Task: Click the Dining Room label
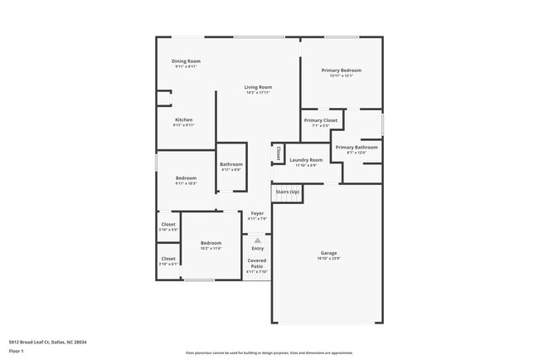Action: coord(186,61)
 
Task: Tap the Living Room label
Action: coord(258,87)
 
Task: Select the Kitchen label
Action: coord(183,119)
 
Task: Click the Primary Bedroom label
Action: coord(342,71)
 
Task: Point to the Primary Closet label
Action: coord(320,120)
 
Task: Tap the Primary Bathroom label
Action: coord(356,147)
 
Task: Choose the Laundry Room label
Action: coord(306,159)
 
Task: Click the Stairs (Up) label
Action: coord(288,192)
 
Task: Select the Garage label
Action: coord(329,252)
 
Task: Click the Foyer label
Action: coord(257,213)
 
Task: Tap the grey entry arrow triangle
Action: coord(257,241)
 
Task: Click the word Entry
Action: coord(257,248)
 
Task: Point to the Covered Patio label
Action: coord(257,263)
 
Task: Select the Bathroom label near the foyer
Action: coord(231,164)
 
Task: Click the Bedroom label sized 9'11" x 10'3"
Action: coord(186,178)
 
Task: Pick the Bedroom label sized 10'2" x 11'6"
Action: coord(211,242)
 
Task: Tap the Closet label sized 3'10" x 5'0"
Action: coord(168,224)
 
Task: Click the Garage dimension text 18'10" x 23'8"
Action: coord(329,259)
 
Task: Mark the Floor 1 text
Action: coord(17,351)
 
